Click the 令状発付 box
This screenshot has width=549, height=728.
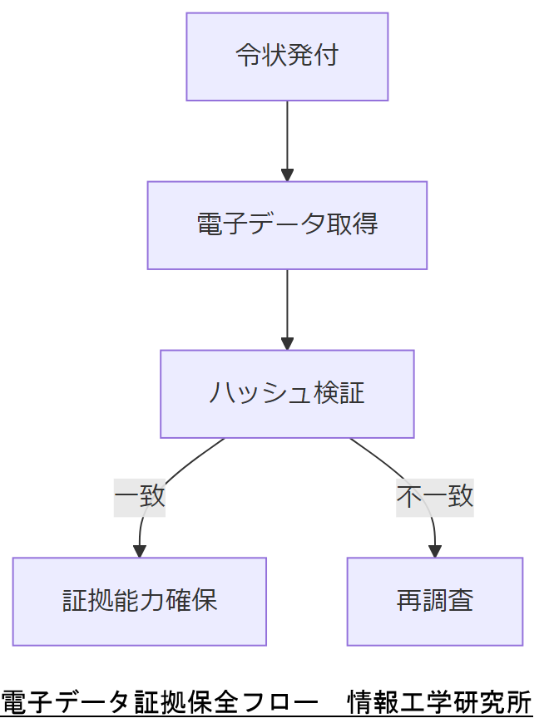click(x=287, y=57)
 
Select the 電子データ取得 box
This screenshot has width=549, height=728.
click(x=287, y=225)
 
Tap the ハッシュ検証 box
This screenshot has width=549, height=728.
click(x=287, y=393)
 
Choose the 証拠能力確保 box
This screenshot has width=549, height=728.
click(x=140, y=601)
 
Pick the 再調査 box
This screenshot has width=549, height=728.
click(x=434, y=601)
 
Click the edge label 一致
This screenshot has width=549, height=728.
click(x=140, y=497)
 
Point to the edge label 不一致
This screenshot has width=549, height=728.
click(x=434, y=497)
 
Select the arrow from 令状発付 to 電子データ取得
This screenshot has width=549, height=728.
click(x=287, y=137)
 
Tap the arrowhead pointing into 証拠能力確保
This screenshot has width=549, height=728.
click(x=140, y=550)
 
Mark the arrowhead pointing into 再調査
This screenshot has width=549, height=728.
click(x=434, y=550)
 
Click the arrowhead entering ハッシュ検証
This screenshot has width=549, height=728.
click(x=287, y=343)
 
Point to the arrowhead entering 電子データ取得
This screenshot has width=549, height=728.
click(x=287, y=175)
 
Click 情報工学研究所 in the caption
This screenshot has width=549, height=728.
click(x=440, y=702)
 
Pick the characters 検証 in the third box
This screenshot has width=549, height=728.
click(x=339, y=393)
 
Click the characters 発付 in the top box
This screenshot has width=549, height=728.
click(x=313, y=57)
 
